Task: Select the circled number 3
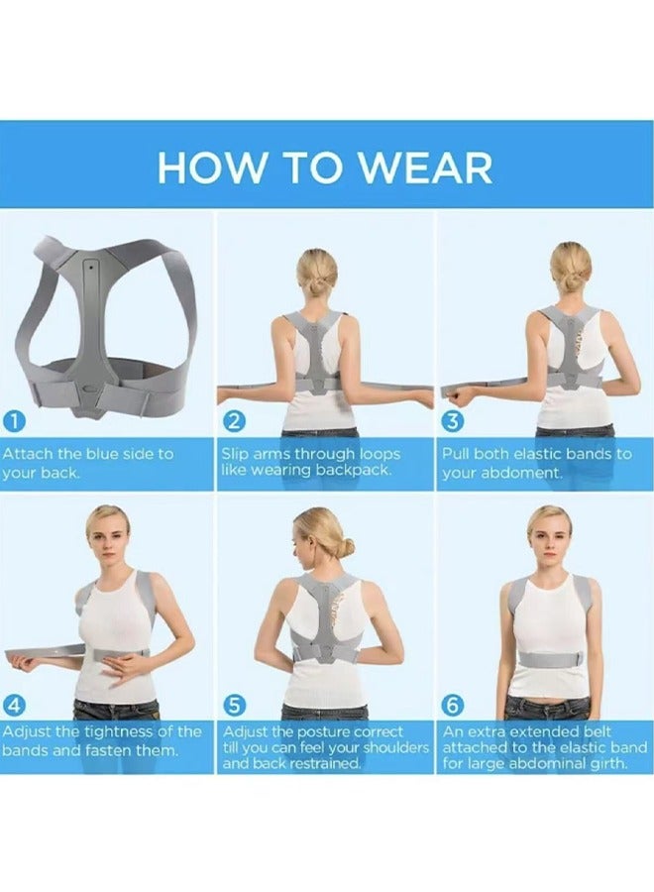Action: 453,420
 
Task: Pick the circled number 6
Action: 453,705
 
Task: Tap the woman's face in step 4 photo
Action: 106,535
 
